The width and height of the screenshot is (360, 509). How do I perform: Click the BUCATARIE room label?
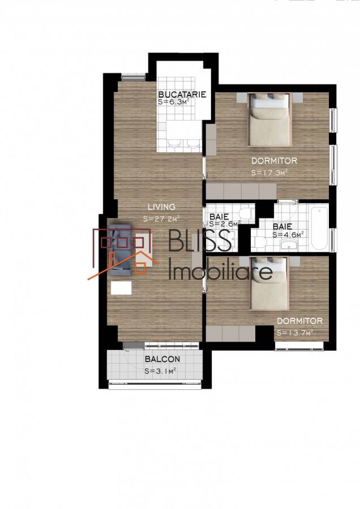(182, 94)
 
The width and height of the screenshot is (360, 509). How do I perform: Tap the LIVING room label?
(161, 206)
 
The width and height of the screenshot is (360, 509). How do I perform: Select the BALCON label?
(162, 359)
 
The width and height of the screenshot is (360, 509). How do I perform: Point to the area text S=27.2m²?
(161, 218)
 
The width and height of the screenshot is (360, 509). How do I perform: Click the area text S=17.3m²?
(269, 172)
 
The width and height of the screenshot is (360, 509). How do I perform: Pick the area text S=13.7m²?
(295, 333)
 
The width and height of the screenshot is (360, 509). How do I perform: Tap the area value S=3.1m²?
(161, 370)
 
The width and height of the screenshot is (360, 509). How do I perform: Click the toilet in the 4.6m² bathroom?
(260, 242)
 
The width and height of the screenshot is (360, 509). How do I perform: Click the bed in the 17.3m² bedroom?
(269, 119)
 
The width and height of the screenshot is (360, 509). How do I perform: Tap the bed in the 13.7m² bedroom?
(269, 283)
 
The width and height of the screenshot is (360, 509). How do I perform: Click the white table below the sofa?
(121, 288)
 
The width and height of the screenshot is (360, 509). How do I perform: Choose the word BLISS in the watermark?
(200, 240)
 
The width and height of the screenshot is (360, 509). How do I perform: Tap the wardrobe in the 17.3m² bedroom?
(241, 191)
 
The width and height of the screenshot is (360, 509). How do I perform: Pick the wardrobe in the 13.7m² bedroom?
(230, 333)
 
